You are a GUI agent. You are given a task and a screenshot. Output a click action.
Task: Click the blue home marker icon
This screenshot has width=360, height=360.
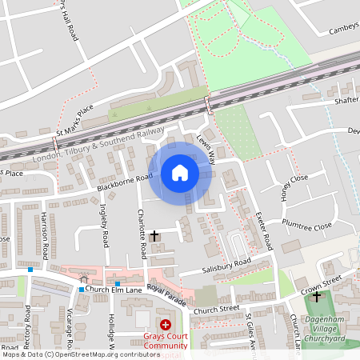(180, 173)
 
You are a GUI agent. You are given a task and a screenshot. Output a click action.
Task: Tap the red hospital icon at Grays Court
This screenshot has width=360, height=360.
(166, 325)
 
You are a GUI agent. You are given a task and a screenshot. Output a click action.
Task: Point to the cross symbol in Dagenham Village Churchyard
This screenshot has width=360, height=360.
(317, 297)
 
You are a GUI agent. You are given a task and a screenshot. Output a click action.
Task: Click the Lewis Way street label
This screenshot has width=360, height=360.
(206, 149)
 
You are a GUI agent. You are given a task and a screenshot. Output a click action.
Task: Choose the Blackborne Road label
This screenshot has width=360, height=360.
(124, 182)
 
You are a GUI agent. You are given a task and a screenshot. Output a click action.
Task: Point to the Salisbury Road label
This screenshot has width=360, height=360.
(227, 264)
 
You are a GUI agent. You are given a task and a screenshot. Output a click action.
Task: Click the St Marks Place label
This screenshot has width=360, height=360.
(74, 119)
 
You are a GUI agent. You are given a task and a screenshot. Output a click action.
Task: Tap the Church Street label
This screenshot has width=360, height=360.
(217, 309)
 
